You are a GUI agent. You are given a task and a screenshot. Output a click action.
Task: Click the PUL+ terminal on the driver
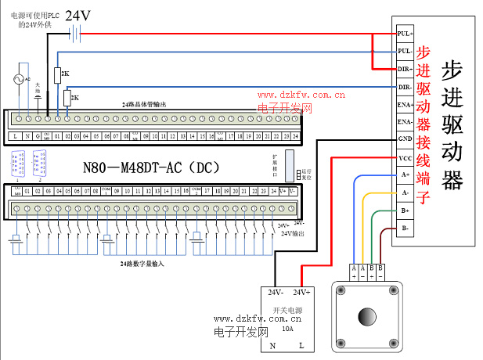coord(404,34)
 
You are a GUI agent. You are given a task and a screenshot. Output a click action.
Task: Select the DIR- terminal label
coord(404,86)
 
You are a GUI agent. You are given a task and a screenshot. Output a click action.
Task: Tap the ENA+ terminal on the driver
coord(404,104)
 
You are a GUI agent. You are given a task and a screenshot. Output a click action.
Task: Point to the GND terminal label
coord(404,139)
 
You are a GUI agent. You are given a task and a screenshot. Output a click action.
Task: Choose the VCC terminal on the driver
coord(404,157)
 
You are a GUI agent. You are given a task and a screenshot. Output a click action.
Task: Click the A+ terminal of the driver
coord(404,175)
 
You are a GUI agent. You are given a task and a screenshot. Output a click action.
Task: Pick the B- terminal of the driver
coord(404,228)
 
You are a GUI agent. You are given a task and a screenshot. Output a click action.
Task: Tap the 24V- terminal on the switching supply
coord(276,293)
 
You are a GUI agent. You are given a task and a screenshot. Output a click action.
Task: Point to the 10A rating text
coord(287,329)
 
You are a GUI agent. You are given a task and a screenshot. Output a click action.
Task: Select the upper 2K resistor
coord(57,74)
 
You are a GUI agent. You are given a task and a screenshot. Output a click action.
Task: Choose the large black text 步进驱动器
coord(452,124)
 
